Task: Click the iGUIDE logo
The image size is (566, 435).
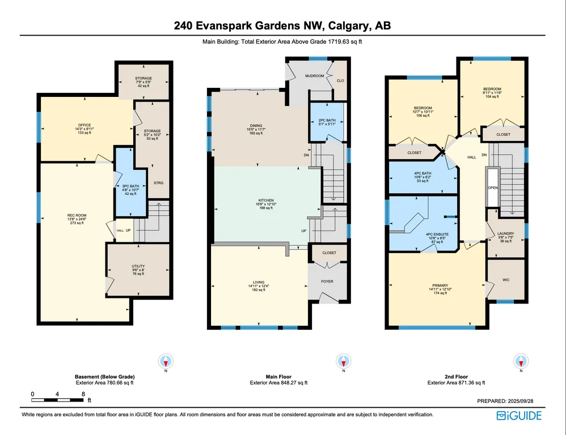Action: pos(519,416)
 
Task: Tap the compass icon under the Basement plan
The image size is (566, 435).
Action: pos(166,361)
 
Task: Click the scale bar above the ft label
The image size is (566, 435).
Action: pos(58,400)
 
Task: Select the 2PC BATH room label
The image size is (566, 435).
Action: pos(327,121)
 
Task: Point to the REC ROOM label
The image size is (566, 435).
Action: pos(77,215)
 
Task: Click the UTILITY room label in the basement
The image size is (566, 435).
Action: pos(138,266)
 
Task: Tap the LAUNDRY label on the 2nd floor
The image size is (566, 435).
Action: pos(506,233)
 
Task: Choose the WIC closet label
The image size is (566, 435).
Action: pos(506,280)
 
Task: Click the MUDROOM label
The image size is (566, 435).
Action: pos(314,76)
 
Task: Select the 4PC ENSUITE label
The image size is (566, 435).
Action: pos(437,234)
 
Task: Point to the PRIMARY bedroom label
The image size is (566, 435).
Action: pos(441,285)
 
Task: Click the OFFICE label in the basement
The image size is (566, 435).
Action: pos(85,125)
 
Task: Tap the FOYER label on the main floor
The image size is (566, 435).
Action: pos(327,282)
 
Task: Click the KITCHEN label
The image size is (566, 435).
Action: pos(266,201)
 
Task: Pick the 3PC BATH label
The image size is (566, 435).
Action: pos(130,186)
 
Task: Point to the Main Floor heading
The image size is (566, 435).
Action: pos(278,377)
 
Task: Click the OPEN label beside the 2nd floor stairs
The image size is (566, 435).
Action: pos(493,188)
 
